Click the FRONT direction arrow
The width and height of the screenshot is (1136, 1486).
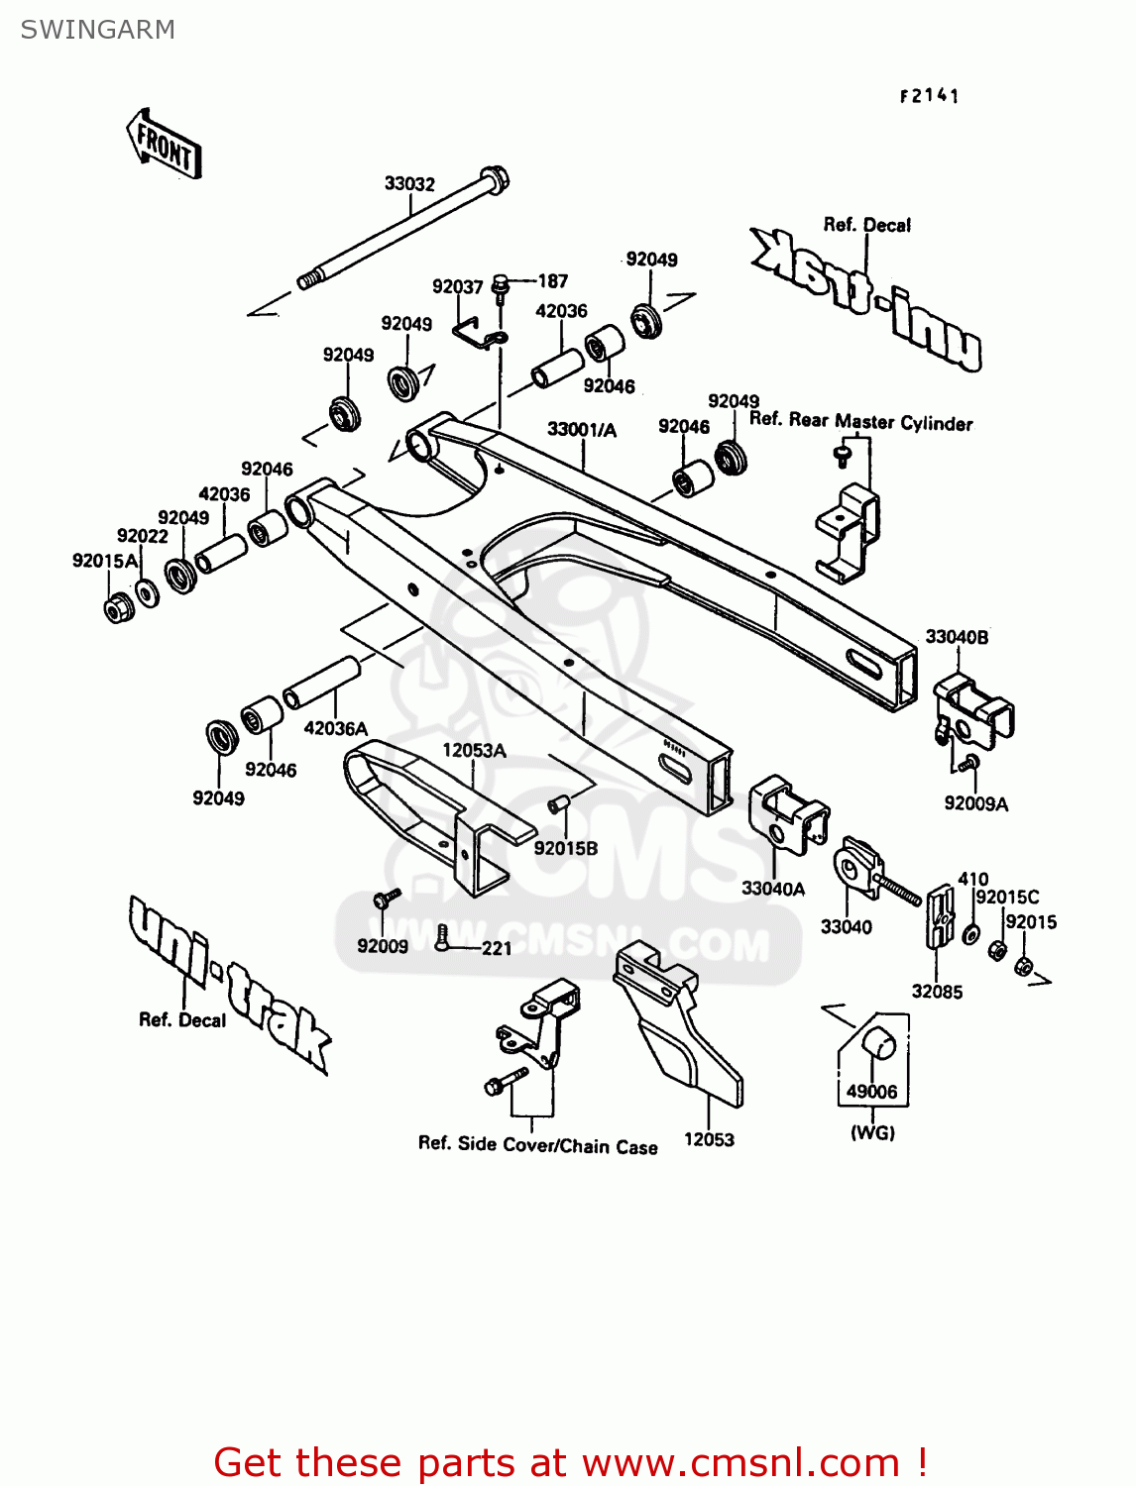165,145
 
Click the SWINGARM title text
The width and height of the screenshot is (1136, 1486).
97,30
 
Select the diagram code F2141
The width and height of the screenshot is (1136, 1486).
929,96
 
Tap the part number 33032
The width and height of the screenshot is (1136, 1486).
409,184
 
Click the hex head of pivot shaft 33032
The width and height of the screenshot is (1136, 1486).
494,180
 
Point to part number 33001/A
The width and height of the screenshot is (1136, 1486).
582,429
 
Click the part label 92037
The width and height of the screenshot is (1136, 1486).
457,286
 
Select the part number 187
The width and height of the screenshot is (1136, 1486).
552,281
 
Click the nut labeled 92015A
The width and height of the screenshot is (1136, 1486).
118,607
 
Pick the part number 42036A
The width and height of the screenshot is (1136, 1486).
335,728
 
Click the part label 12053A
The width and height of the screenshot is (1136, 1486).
474,750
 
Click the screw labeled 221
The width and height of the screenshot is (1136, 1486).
442,936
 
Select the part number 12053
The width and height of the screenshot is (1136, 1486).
709,1139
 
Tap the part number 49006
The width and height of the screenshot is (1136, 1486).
871,1092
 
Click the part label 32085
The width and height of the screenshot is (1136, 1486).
937,991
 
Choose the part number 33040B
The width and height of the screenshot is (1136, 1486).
957,637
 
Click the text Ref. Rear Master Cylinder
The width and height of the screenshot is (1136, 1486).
860,421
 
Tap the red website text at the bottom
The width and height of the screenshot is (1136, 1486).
570,1462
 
